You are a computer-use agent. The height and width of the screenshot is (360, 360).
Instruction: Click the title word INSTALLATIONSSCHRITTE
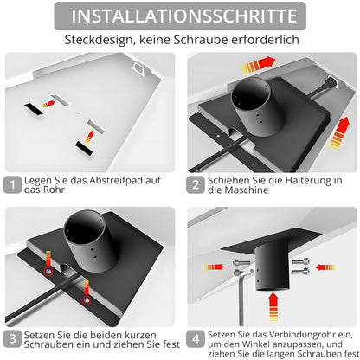pyautogui.click(x=183, y=16)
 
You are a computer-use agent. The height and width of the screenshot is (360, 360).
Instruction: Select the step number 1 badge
pyautogui.click(x=12, y=184)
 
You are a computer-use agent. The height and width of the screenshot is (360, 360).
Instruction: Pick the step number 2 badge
pyautogui.click(x=196, y=184)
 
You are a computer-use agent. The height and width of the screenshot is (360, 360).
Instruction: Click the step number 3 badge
pyautogui.click(x=12, y=339)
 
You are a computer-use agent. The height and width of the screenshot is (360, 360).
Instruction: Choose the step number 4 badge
pyautogui.click(x=196, y=339)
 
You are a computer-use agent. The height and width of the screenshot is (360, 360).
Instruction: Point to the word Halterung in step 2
pyautogui.click(x=307, y=181)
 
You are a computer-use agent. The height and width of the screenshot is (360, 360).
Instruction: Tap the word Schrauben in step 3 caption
pyautogui.click(x=48, y=344)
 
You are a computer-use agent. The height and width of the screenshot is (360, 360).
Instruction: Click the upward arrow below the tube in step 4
pyautogui.click(x=273, y=306)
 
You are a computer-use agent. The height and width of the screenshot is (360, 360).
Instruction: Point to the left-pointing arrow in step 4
pyautogui.click(x=325, y=267)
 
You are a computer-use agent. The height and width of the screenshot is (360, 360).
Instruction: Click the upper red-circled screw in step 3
pyautogui.click(x=48, y=272)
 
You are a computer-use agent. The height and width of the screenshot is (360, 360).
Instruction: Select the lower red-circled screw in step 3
pyautogui.click(x=87, y=300)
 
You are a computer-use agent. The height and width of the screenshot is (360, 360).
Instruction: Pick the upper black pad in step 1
pyautogui.click(x=34, y=109)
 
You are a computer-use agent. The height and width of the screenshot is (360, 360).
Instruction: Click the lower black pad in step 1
pyautogui.click(x=84, y=148)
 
